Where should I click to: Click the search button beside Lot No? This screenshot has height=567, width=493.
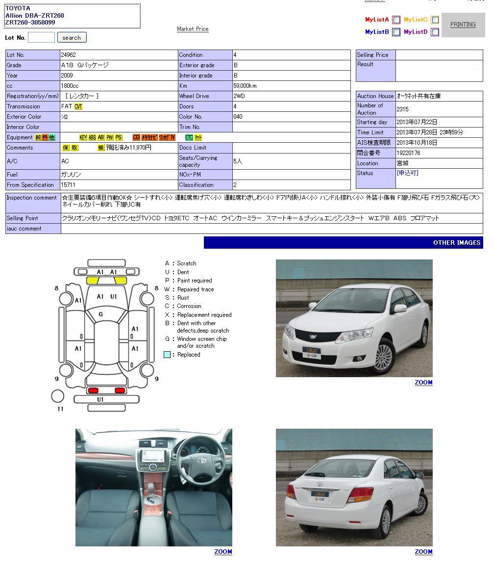(72, 38)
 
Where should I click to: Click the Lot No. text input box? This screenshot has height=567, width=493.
(41, 38)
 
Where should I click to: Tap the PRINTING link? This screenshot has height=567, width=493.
(463, 25)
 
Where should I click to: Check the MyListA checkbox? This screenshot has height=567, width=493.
(396, 20)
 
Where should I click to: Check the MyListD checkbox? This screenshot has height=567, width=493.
(435, 32)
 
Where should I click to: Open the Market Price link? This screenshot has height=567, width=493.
(193, 29)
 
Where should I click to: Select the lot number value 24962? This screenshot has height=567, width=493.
(69, 55)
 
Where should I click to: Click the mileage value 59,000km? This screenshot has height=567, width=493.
(245, 86)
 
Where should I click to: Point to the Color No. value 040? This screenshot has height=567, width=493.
(238, 117)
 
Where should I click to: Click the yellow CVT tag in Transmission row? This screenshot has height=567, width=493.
(78, 106)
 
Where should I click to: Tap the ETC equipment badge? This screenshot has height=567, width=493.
(189, 138)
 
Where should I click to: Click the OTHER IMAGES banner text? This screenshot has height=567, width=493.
(457, 243)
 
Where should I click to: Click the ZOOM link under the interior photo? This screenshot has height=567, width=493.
(223, 552)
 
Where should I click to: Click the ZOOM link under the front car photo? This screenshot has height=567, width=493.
(423, 383)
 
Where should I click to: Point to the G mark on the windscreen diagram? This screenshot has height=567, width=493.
(101, 314)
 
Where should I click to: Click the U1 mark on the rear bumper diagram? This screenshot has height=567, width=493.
(100, 400)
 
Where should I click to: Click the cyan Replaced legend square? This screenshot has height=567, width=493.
(167, 355)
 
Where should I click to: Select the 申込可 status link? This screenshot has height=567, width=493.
(408, 173)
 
